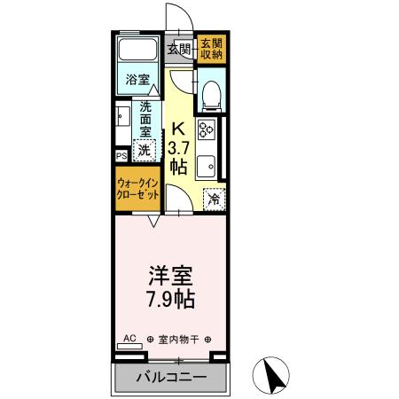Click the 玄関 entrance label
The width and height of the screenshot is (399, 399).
point(182,49)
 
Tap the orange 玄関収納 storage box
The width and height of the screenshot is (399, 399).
point(210,50)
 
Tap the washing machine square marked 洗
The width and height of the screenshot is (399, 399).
point(144,151)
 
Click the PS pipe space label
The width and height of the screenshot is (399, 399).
point(121,156)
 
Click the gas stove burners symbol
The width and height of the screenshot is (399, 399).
point(209,130)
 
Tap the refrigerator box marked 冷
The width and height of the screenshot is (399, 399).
point(214,199)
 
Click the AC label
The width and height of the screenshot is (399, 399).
point(130,338)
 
